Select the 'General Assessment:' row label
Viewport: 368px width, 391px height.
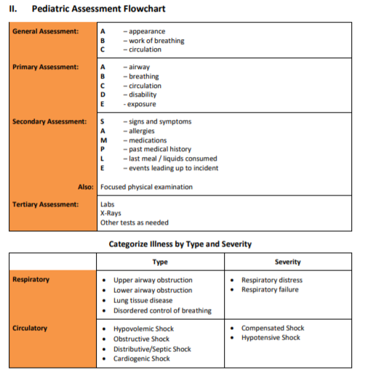45,31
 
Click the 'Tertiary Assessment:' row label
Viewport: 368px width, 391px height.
45,204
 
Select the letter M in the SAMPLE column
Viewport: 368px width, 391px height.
103,140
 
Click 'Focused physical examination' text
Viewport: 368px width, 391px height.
146,187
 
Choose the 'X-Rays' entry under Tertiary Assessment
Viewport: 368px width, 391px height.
111,214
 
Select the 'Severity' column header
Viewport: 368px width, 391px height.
288,262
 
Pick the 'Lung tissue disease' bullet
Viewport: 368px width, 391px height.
143,300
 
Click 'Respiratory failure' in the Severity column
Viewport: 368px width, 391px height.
270,290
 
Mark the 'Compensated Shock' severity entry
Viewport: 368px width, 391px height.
272,328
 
